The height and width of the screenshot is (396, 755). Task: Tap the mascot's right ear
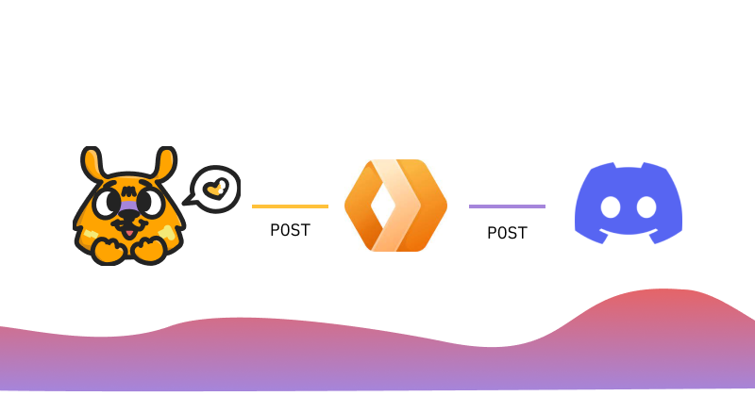pyautogui.click(x=165, y=164)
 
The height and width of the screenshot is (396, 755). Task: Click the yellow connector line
pyautogui.click(x=290, y=206)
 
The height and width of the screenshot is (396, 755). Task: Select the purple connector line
pyautogui.click(x=507, y=206)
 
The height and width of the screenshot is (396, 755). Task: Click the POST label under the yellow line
pyautogui.click(x=290, y=230)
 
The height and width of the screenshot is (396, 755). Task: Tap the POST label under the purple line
pyautogui.click(x=507, y=233)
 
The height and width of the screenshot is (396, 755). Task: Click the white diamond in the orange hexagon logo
pyautogui.click(x=378, y=206)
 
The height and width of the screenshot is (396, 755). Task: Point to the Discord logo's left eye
pyautogui.click(x=611, y=207)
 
